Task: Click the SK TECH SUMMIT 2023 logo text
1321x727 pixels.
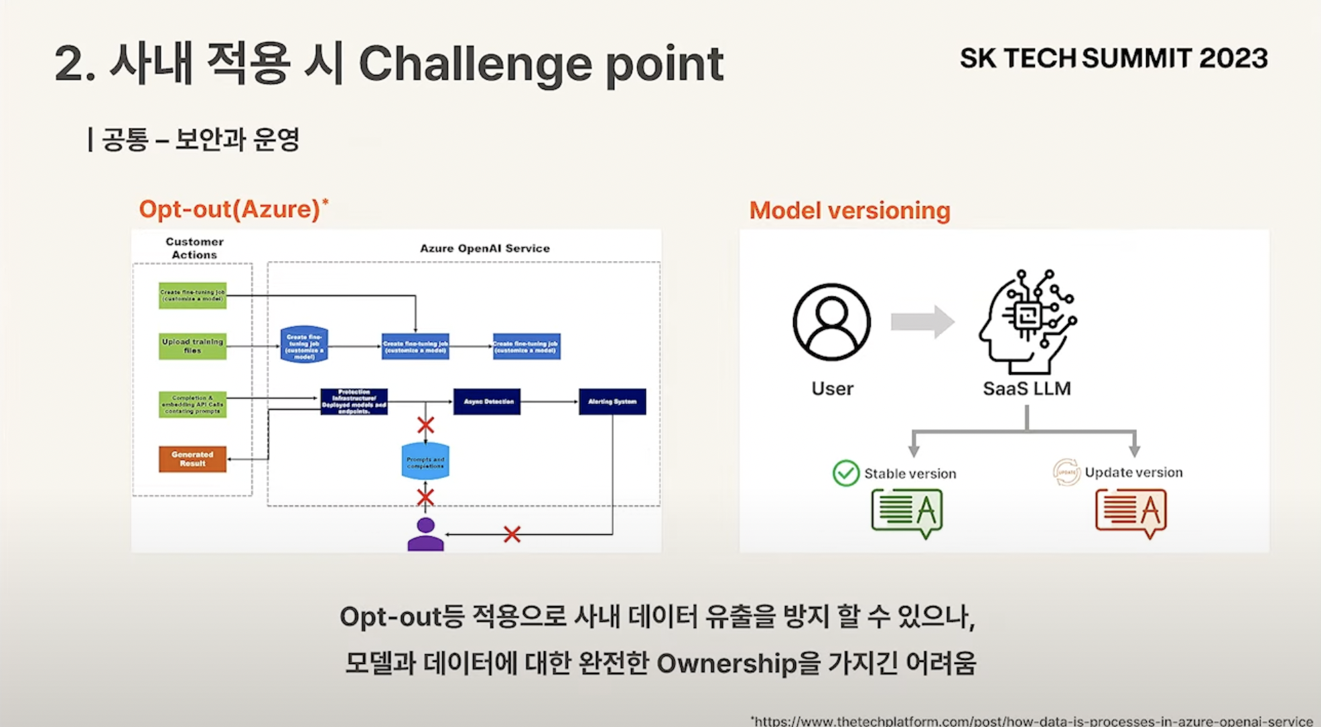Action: click(x=1113, y=59)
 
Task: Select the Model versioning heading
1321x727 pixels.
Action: click(x=849, y=211)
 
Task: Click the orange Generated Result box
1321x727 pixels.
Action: click(x=192, y=459)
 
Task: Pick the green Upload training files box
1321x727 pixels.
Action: click(x=192, y=346)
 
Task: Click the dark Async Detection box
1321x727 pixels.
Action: click(x=487, y=402)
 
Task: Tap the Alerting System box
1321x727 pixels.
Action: click(x=612, y=402)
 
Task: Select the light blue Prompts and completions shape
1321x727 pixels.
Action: click(x=425, y=462)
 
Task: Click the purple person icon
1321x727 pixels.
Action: click(x=425, y=534)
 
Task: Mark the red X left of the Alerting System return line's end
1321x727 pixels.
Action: click(x=512, y=534)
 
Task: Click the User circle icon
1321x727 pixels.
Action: click(x=832, y=322)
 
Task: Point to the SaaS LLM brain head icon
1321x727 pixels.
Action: click(x=1026, y=322)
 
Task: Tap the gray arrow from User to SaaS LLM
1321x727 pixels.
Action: click(x=922, y=322)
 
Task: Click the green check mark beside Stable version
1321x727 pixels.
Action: click(x=846, y=473)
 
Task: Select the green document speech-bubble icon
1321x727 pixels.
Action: click(x=908, y=512)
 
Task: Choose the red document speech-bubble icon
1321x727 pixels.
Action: click(x=1131, y=512)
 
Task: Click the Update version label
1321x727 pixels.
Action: click(x=1133, y=473)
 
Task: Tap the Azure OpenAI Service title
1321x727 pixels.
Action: click(x=485, y=248)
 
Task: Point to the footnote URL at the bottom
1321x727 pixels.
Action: click(x=1032, y=721)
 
